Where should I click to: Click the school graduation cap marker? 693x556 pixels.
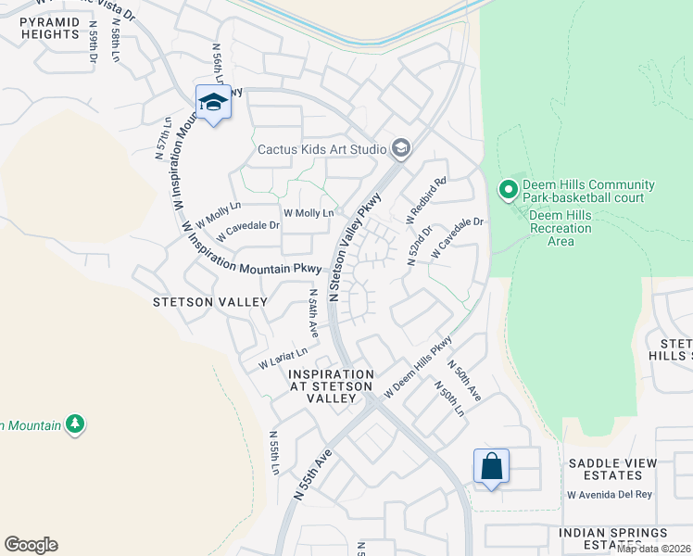[x=213, y=103]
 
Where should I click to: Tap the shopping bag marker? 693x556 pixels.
[x=491, y=466]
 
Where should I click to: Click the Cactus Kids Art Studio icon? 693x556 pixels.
[x=401, y=148]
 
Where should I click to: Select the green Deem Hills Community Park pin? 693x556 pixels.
[x=508, y=191]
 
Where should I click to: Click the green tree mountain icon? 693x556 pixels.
[x=75, y=424]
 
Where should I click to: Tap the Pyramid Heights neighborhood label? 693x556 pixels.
[x=50, y=27]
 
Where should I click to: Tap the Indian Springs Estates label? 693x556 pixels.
[x=612, y=539]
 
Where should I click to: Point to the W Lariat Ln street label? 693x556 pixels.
[x=283, y=357]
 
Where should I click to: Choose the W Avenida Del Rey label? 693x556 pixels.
[x=610, y=494]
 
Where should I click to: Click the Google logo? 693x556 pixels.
[x=31, y=545]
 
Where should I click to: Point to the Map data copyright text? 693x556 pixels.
[x=653, y=549]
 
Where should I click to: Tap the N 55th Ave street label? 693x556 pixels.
[x=313, y=474]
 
